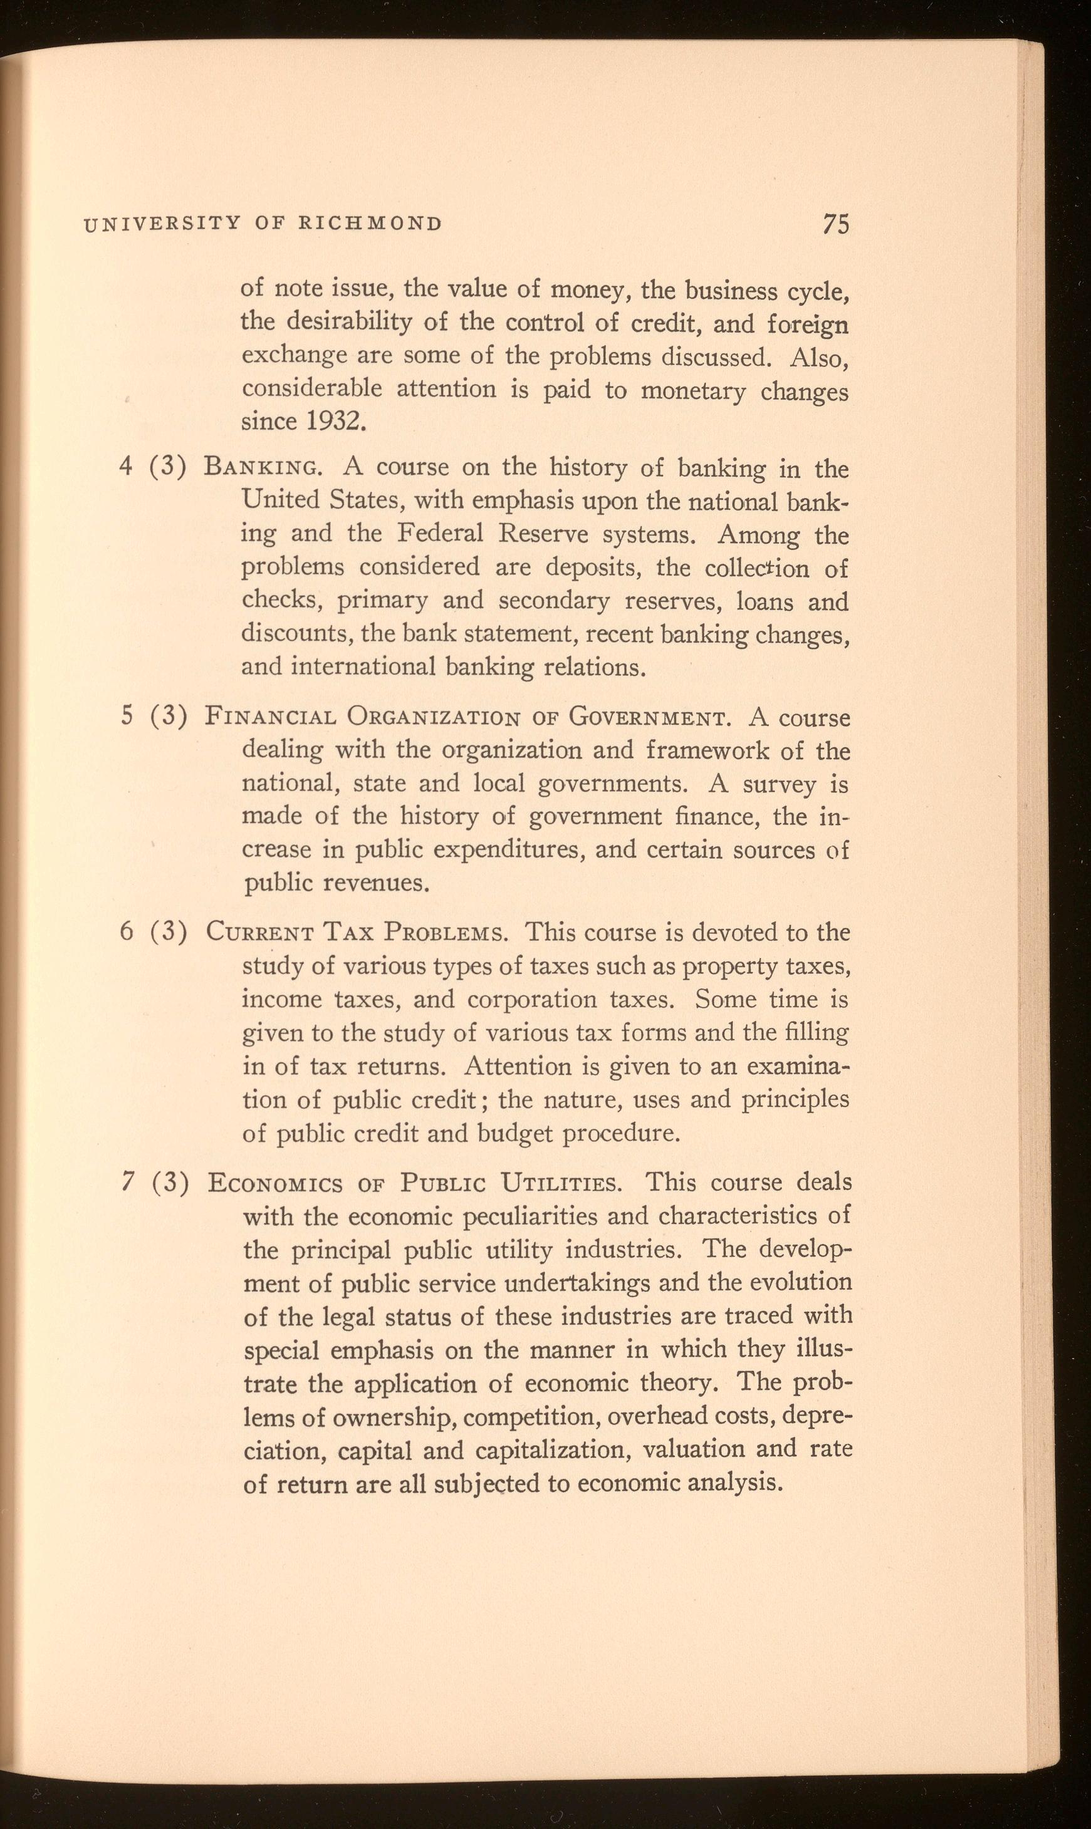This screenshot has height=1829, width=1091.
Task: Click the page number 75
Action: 836,224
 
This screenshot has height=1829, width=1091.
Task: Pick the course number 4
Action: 126,467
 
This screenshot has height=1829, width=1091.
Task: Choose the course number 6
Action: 127,932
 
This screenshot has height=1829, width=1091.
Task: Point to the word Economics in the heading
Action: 275,1183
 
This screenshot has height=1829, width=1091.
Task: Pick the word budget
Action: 514,1134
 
